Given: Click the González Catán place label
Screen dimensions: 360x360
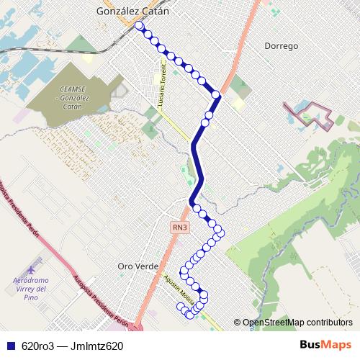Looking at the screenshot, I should point(133,11).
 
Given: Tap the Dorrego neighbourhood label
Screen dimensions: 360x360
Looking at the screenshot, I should point(281,45).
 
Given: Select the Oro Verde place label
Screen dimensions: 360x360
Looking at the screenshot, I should point(137,266).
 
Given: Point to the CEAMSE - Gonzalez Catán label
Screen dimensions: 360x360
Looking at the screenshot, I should point(70,96).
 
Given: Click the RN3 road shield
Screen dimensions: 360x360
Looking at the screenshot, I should point(179,227).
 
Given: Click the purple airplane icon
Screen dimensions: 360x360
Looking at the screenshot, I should point(36,261).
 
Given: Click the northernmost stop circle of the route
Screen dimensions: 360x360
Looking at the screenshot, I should point(138,26).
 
